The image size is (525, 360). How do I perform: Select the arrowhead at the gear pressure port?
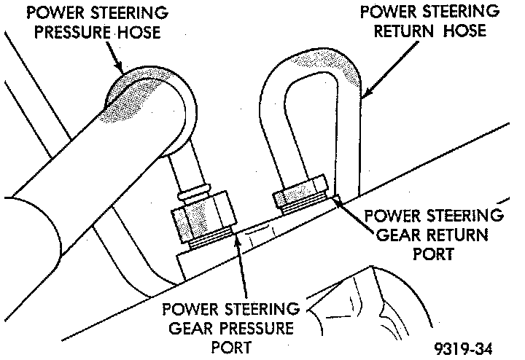point(238,240)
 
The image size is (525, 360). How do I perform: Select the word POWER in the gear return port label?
point(391,216)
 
